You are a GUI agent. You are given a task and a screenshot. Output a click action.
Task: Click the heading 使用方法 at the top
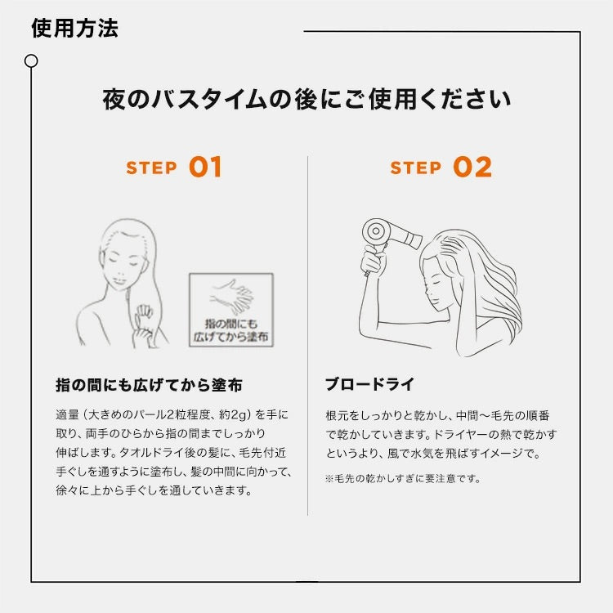click(74, 28)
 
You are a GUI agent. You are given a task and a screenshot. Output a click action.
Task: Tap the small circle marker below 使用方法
click(31, 60)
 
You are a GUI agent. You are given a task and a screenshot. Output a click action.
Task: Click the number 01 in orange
click(205, 168)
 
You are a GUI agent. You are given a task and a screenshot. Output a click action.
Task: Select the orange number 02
click(472, 168)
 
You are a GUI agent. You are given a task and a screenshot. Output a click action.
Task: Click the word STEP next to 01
click(152, 168)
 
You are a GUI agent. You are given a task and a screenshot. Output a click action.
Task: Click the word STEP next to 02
click(416, 168)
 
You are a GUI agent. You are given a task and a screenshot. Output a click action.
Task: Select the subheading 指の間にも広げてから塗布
click(149, 384)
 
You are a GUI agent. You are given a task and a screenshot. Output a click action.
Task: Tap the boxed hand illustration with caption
click(231, 310)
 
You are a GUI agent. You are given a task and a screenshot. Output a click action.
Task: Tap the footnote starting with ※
click(403, 479)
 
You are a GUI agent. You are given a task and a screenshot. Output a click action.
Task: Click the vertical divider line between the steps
click(307, 335)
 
